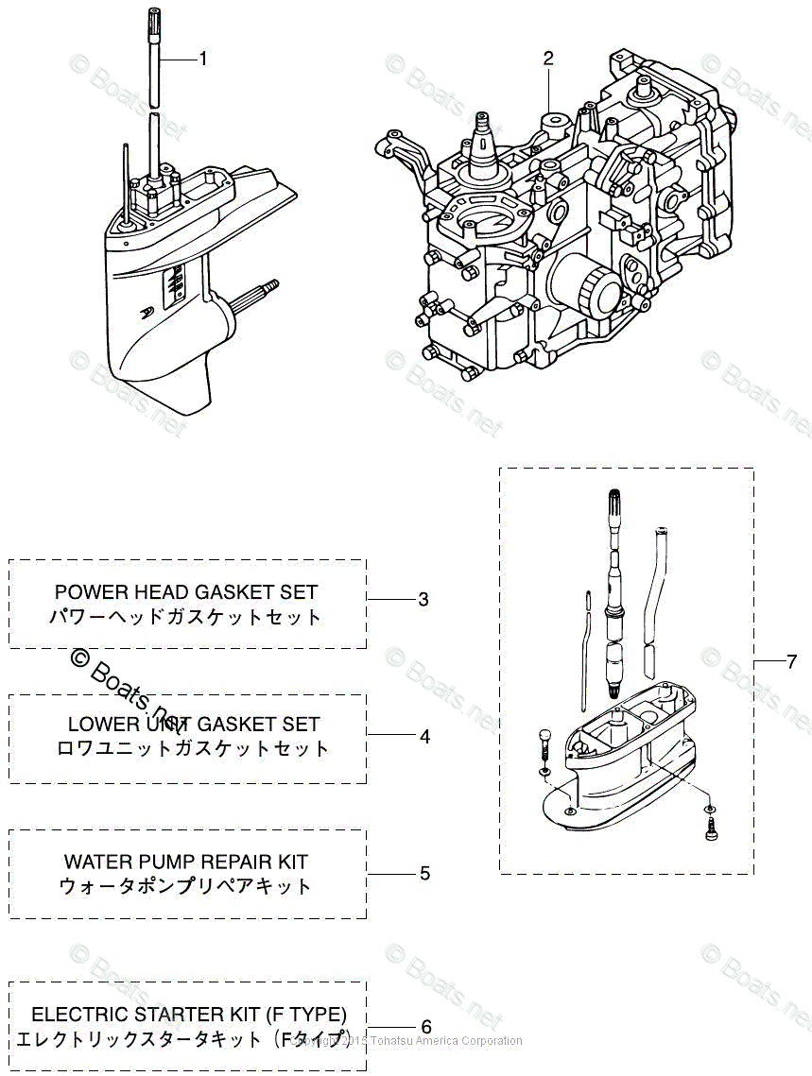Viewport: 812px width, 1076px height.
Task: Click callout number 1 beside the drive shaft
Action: pos(202,59)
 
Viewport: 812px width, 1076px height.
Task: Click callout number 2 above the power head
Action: pos(548,59)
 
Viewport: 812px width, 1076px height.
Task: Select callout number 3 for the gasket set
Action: pos(423,600)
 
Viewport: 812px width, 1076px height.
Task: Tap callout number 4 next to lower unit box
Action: pos(424,736)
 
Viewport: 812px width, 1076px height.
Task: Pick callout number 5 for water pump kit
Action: pos(424,873)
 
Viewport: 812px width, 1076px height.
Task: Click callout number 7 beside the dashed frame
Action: pos(791,661)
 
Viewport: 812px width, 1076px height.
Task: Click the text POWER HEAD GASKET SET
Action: pos(186,592)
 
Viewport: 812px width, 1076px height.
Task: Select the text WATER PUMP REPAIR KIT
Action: pos(186,862)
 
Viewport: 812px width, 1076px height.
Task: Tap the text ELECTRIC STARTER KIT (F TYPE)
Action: pos(189,1015)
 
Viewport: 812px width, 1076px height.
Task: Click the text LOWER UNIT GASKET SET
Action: pos(194,725)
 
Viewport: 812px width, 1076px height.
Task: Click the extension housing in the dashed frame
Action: pos(624,756)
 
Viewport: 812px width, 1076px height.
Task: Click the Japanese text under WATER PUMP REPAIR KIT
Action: pos(186,887)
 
